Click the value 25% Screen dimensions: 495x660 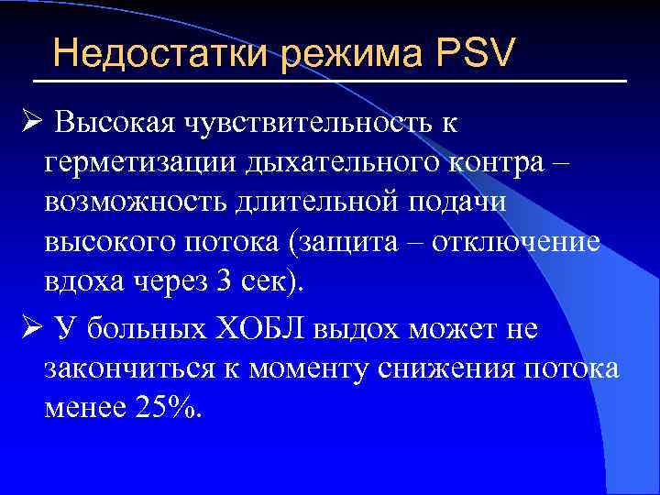click(167, 409)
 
